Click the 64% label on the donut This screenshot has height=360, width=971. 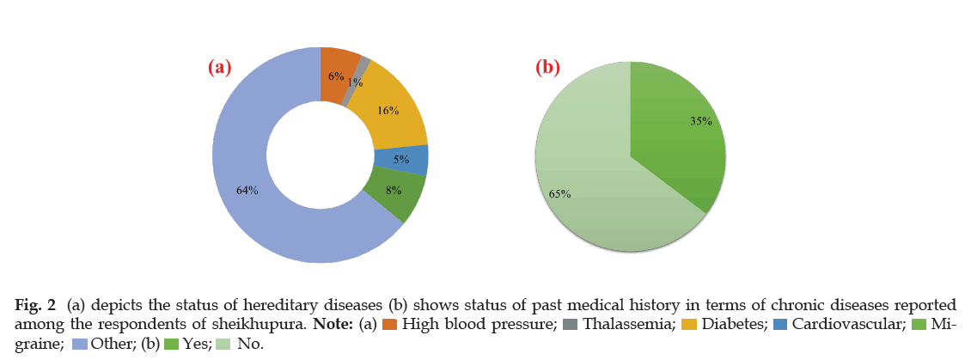click(247, 191)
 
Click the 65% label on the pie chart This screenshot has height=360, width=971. click(560, 193)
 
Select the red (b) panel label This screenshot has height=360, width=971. click(548, 68)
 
